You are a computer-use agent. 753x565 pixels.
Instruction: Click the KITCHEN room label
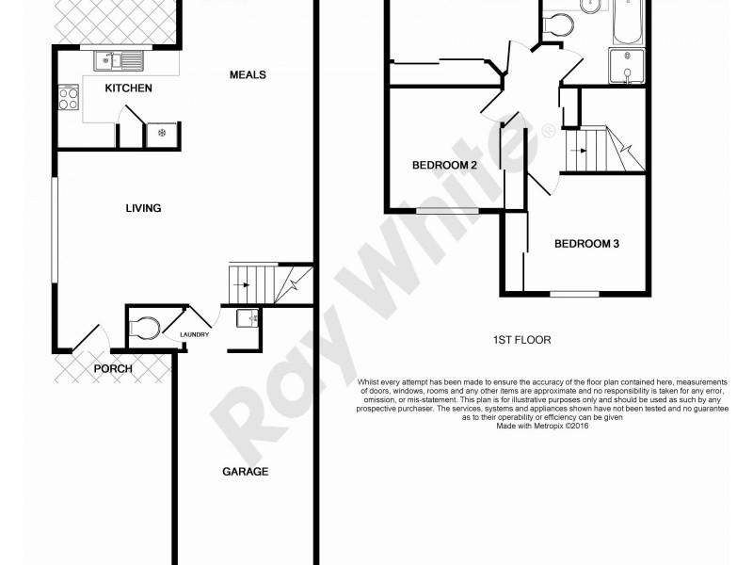128,89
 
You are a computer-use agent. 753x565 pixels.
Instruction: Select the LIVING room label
144,208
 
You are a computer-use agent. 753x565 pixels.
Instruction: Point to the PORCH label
112,368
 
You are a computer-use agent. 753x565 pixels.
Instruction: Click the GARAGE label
246,471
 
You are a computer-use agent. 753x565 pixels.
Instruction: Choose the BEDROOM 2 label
445,166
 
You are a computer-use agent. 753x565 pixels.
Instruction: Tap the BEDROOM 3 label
586,244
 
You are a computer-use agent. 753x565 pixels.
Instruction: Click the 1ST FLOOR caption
521,340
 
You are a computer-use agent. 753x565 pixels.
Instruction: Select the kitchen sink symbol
119,62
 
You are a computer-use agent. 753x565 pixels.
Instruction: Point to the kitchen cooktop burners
69,98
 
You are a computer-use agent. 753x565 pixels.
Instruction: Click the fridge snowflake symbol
162,133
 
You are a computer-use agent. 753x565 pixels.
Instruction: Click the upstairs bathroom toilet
559,25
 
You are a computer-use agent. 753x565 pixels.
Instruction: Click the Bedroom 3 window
575,295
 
